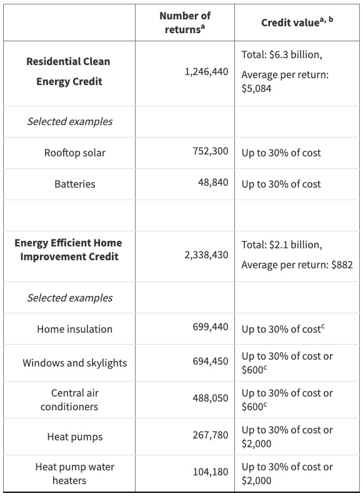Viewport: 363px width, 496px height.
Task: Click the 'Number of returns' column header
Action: point(185,22)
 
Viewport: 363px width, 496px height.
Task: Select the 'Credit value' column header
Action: point(297,22)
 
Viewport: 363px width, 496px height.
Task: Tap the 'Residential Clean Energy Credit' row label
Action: point(69,71)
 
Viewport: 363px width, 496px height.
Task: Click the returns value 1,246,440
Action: point(206,72)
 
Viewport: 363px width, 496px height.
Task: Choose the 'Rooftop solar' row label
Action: point(75,153)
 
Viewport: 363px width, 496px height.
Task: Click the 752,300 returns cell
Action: point(211,151)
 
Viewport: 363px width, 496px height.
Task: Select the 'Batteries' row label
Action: point(75,184)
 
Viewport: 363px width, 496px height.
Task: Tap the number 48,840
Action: point(213,183)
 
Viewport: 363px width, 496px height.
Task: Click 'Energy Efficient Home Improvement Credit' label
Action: point(69,250)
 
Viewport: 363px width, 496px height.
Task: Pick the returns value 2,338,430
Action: point(206,255)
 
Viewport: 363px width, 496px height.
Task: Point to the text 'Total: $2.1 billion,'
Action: point(282,245)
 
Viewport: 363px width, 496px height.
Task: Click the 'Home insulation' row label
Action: point(75,329)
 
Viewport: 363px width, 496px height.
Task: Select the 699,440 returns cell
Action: point(211,326)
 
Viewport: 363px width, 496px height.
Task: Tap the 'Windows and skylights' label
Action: point(75,363)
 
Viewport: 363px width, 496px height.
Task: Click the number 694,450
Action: point(211,362)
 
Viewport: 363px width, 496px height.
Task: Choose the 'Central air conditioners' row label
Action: point(70,400)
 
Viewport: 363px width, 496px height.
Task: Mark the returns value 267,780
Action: point(211,435)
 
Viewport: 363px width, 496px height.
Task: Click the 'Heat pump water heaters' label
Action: point(75,473)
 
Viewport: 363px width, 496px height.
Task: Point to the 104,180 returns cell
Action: point(211,472)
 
